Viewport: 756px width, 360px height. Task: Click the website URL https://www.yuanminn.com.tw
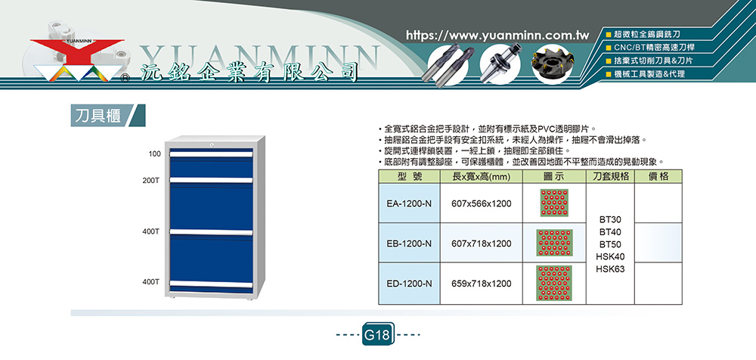coord(498,36)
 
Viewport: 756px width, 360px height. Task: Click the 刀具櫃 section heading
coord(98,116)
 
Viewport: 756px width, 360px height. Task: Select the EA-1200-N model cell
coord(409,203)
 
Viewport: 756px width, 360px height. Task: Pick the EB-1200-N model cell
coord(409,244)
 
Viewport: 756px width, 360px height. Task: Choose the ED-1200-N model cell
coord(409,284)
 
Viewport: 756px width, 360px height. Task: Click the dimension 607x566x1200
coord(481,203)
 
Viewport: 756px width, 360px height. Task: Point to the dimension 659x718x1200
coord(481,284)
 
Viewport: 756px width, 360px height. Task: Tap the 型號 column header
coord(409,177)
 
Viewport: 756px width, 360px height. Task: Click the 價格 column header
coord(658,177)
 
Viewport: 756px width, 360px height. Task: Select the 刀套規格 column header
coord(610,177)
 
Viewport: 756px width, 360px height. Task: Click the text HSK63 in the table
coord(610,269)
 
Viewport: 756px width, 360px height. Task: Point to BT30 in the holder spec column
coord(610,219)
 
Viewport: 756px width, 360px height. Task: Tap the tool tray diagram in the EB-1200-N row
coord(554,243)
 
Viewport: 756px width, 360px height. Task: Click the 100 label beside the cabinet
coord(155,154)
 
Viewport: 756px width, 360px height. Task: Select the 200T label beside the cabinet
coord(151,180)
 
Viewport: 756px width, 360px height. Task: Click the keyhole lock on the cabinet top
coord(212,144)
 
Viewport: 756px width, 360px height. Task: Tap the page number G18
coord(378,334)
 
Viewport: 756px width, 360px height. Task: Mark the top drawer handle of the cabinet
coord(211,154)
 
